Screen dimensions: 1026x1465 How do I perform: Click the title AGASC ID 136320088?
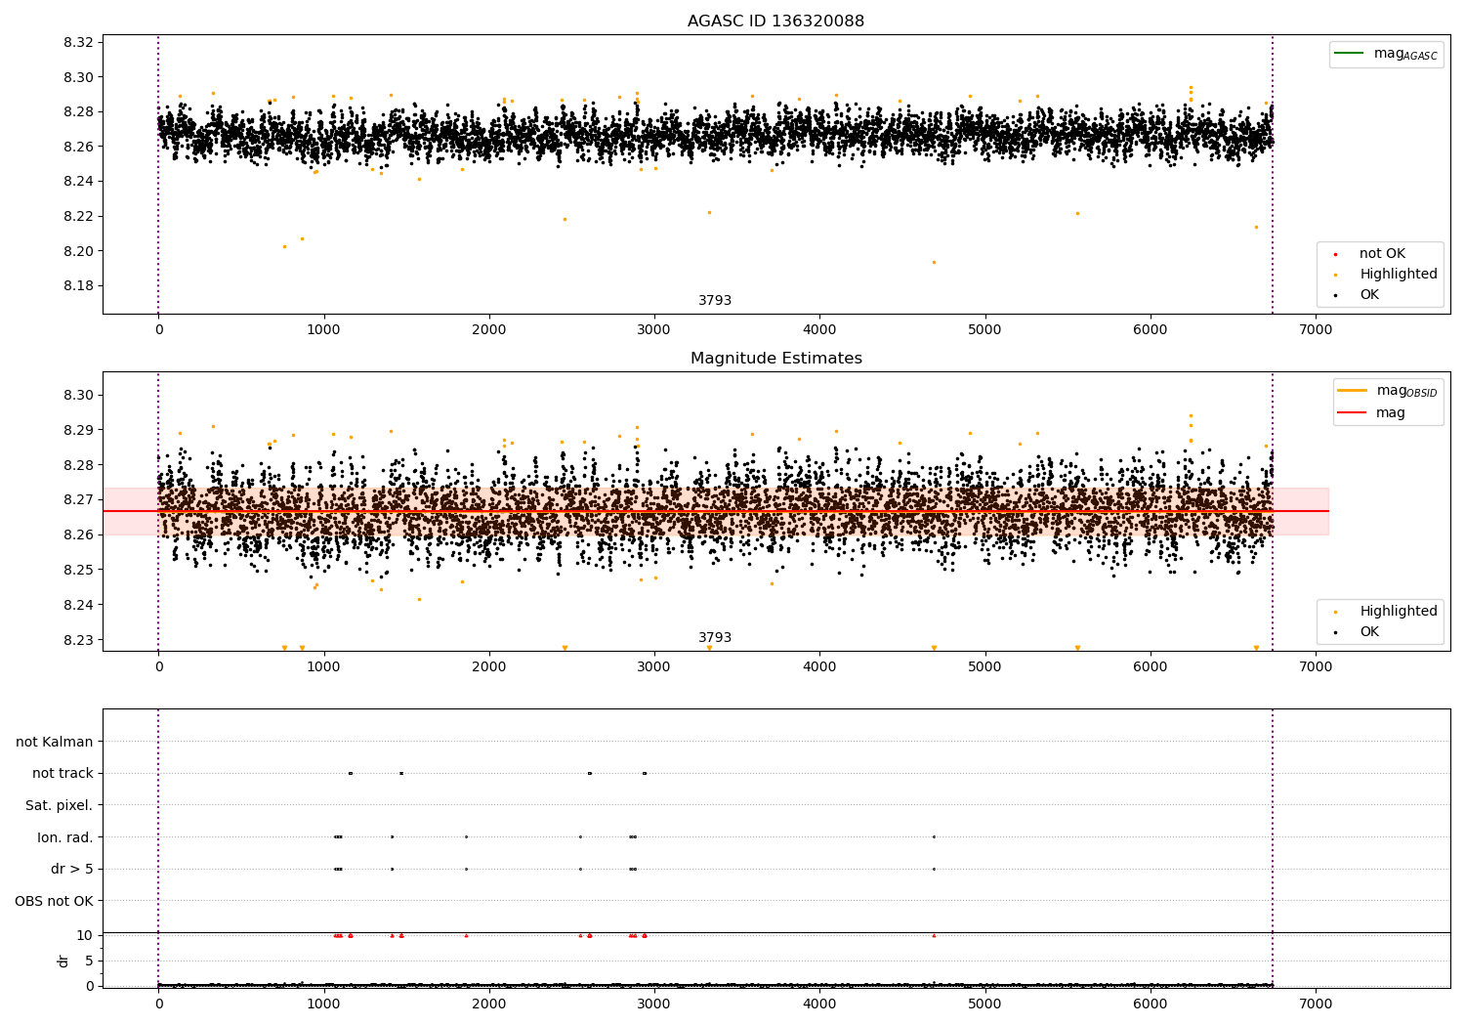[775, 21]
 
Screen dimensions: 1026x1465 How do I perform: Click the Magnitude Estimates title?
[775, 359]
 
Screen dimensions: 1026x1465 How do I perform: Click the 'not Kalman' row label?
[55, 742]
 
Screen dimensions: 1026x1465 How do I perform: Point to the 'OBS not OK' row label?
[54, 901]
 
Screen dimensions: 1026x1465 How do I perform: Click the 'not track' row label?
[63, 773]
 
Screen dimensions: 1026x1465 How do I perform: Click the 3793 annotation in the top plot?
[714, 301]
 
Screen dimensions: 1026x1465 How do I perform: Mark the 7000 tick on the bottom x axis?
[1316, 1004]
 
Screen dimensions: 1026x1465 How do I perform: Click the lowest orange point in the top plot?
[934, 262]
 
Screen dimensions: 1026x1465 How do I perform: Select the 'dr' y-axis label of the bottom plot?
[63, 961]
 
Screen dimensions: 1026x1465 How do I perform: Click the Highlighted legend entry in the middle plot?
[1398, 612]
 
